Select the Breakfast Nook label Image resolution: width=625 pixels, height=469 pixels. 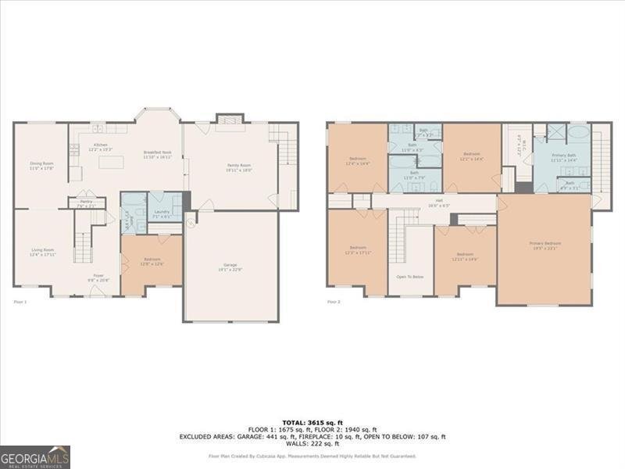(x=158, y=155)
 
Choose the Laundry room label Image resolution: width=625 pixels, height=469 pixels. (x=162, y=213)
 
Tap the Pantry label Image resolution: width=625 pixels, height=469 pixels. (x=86, y=203)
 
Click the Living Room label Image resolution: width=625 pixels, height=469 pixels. (x=42, y=252)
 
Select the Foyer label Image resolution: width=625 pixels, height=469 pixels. (x=99, y=277)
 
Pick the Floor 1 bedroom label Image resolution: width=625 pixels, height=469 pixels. (x=152, y=261)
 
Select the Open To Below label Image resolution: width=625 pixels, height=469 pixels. (x=410, y=277)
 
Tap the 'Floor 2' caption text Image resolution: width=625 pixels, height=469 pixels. (x=334, y=301)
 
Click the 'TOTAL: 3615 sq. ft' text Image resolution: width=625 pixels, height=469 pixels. (x=312, y=423)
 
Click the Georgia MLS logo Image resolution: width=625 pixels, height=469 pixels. (x=35, y=456)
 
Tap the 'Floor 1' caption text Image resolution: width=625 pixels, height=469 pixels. (x=20, y=301)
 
